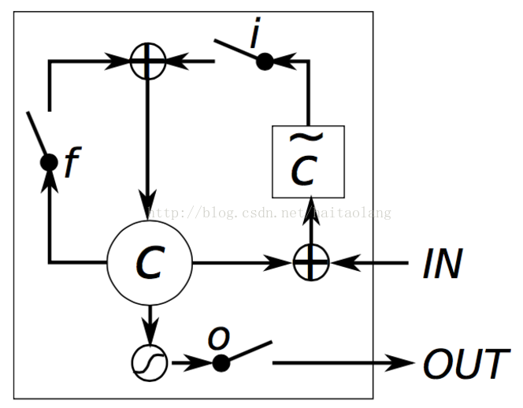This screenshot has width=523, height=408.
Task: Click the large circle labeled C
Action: (x=149, y=261)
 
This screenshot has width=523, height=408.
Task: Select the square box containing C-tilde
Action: (x=307, y=162)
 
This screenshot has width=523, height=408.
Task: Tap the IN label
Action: (x=442, y=263)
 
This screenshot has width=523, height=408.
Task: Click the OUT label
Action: (x=464, y=364)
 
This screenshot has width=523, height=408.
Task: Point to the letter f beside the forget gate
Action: (x=72, y=163)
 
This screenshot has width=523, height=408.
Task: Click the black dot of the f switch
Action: (x=49, y=162)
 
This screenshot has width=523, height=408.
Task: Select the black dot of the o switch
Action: (x=221, y=363)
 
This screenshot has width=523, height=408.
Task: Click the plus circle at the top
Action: (x=148, y=60)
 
